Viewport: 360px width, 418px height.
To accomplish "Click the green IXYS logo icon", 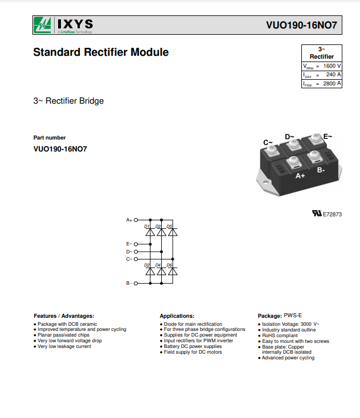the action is (42, 25).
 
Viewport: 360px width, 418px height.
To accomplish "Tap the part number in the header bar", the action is (301, 25).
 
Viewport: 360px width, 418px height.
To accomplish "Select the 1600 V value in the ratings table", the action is (332, 66).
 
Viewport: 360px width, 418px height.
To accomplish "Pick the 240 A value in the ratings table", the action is (333, 75).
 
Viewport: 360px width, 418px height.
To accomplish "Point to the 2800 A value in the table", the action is (332, 84).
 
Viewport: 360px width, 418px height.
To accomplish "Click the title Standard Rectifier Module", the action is (101, 52).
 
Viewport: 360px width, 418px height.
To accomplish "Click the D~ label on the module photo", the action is (289, 137).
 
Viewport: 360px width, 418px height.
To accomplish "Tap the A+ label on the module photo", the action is (300, 175).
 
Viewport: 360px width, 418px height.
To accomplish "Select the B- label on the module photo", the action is (321, 170).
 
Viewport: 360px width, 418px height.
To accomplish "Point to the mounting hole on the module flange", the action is (265, 183).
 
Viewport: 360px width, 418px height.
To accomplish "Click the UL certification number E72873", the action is (332, 214).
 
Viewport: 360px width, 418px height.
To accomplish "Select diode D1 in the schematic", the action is (150, 232).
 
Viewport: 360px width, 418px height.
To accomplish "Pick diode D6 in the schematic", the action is (173, 271).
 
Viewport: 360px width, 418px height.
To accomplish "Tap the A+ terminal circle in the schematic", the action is (136, 220).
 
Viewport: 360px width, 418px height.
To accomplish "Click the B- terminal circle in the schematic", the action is (136, 284).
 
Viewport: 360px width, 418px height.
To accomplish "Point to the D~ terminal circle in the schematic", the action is (136, 252).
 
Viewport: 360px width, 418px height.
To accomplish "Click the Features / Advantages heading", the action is (64, 316).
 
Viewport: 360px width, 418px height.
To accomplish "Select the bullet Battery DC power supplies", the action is (193, 346).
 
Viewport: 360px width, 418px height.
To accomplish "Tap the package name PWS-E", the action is (293, 315).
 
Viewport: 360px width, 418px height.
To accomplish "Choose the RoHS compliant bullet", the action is (280, 335).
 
